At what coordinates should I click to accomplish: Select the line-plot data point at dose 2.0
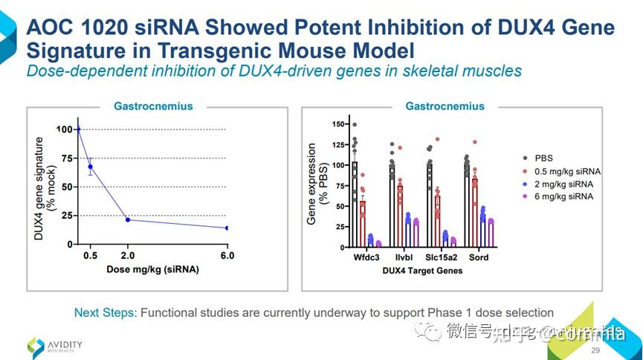point(128,219)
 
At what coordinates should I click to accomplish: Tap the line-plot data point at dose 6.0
point(227,228)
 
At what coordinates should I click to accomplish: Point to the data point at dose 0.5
point(91,167)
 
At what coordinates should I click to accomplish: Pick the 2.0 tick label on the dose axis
point(128,256)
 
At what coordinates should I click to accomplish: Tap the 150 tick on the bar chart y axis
point(340,124)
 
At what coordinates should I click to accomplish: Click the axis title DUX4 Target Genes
point(421,271)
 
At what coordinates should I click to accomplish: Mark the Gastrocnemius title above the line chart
point(153,106)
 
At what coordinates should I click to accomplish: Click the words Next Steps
point(106,312)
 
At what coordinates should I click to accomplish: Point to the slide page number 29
point(595,350)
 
